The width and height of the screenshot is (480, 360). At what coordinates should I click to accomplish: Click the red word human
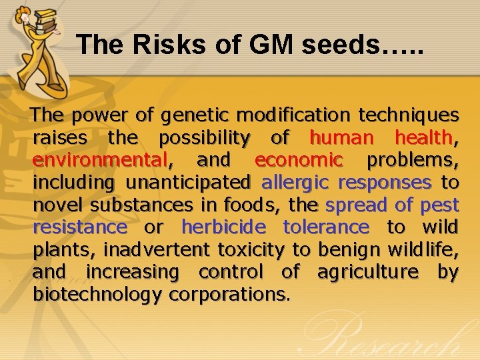click(x=341, y=138)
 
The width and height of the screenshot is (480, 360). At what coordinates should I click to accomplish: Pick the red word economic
click(x=299, y=160)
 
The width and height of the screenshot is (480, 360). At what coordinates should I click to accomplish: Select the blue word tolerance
click(x=326, y=227)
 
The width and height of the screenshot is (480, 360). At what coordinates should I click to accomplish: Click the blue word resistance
click(x=80, y=227)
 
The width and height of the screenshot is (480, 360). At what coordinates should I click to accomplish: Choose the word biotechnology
click(x=98, y=294)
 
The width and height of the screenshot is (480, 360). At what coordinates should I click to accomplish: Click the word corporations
click(x=229, y=294)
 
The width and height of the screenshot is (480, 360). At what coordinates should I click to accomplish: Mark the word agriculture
click(x=367, y=272)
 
